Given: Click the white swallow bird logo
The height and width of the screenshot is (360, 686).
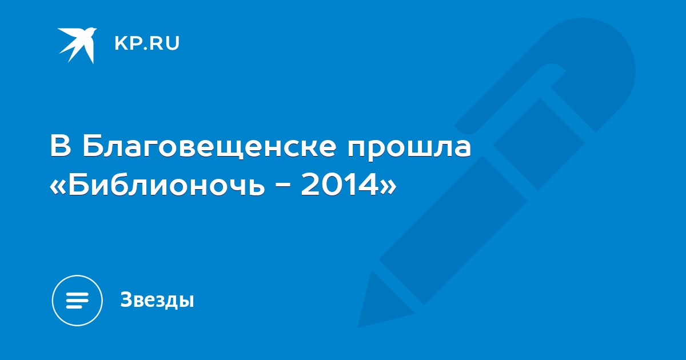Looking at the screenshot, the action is pyautogui.click(x=77, y=45).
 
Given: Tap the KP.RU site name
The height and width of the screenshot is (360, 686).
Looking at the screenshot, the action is pyautogui.click(x=147, y=43).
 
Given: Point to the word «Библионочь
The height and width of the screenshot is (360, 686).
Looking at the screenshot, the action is pyautogui.click(x=157, y=183).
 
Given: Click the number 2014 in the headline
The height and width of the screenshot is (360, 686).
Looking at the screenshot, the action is pyautogui.click(x=340, y=183).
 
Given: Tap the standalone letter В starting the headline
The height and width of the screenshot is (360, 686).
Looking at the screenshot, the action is pyautogui.click(x=61, y=146).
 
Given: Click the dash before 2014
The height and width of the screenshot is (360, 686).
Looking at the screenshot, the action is pyautogui.click(x=282, y=186).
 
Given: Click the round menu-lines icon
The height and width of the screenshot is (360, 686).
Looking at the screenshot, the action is pyautogui.click(x=77, y=301).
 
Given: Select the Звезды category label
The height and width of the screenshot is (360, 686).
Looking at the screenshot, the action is pyautogui.click(x=157, y=299).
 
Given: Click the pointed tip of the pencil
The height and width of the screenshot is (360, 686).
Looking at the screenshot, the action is pyautogui.click(x=359, y=326).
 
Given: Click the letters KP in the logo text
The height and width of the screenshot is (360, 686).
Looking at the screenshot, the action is pyautogui.click(x=127, y=43).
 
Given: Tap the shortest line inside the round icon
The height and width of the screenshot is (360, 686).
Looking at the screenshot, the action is pyautogui.click(x=74, y=306).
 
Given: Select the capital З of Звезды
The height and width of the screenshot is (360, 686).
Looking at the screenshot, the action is pyautogui.click(x=126, y=299).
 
